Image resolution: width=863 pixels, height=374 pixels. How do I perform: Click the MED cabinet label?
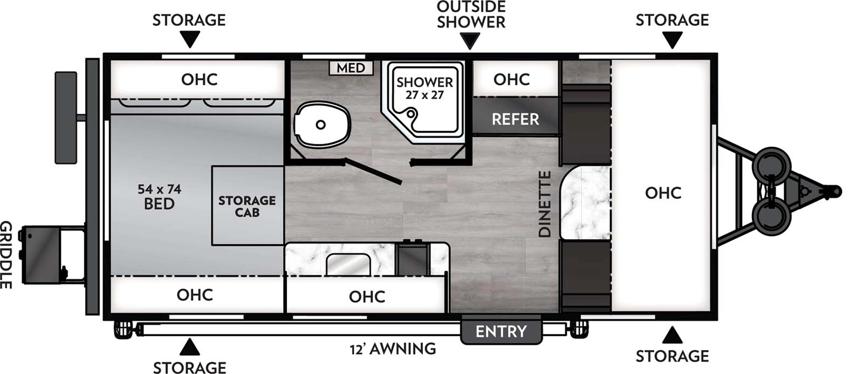[x=351, y=68]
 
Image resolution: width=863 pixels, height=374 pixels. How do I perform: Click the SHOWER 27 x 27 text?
[x=424, y=88]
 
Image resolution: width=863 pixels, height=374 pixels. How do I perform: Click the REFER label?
[x=515, y=119]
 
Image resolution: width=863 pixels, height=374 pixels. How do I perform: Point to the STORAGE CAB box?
[x=247, y=206]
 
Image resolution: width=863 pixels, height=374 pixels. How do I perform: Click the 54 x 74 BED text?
[x=159, y=197]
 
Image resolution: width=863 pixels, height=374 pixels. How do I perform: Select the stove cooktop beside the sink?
[x=412, y=259]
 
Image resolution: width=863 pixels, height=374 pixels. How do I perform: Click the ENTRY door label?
[x=501, y=331]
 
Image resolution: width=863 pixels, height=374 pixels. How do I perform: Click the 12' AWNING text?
[x=393, y=349]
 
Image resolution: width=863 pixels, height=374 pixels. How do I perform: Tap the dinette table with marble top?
[x=585, y=203]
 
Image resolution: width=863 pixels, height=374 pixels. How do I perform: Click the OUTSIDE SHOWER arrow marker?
[x=470, y=41]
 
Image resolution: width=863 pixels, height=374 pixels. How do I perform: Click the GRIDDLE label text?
[x=6, y=254]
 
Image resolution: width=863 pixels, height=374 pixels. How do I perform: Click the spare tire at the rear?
[x=66, y=117]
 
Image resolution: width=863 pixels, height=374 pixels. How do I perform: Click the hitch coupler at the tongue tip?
[x=833, y=191]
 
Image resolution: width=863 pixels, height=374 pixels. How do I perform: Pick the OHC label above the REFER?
[x=511, y=79]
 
